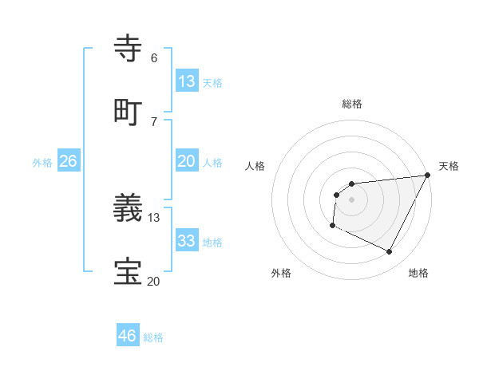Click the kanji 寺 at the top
click(x=128, y=49)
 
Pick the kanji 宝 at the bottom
click(x=128, y=272)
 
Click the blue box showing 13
click(x=187, y=81)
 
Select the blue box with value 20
click(x=187, y=161)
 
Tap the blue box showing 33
click(x=187, y=241)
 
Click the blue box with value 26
click(x=68, y=161)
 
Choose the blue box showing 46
click(x=128, y=336)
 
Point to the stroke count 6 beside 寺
click(x=153, y=58)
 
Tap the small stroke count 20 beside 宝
click(x=154, y=280)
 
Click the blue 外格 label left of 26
click(x=42, y=162)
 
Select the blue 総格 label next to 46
click(x=153, y=337)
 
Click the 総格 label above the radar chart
click(x=352, y=104)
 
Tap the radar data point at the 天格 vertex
click(x=428, y=175)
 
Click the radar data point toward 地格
click(x=390, y=252)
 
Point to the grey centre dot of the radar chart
click(x=351, y=199)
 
